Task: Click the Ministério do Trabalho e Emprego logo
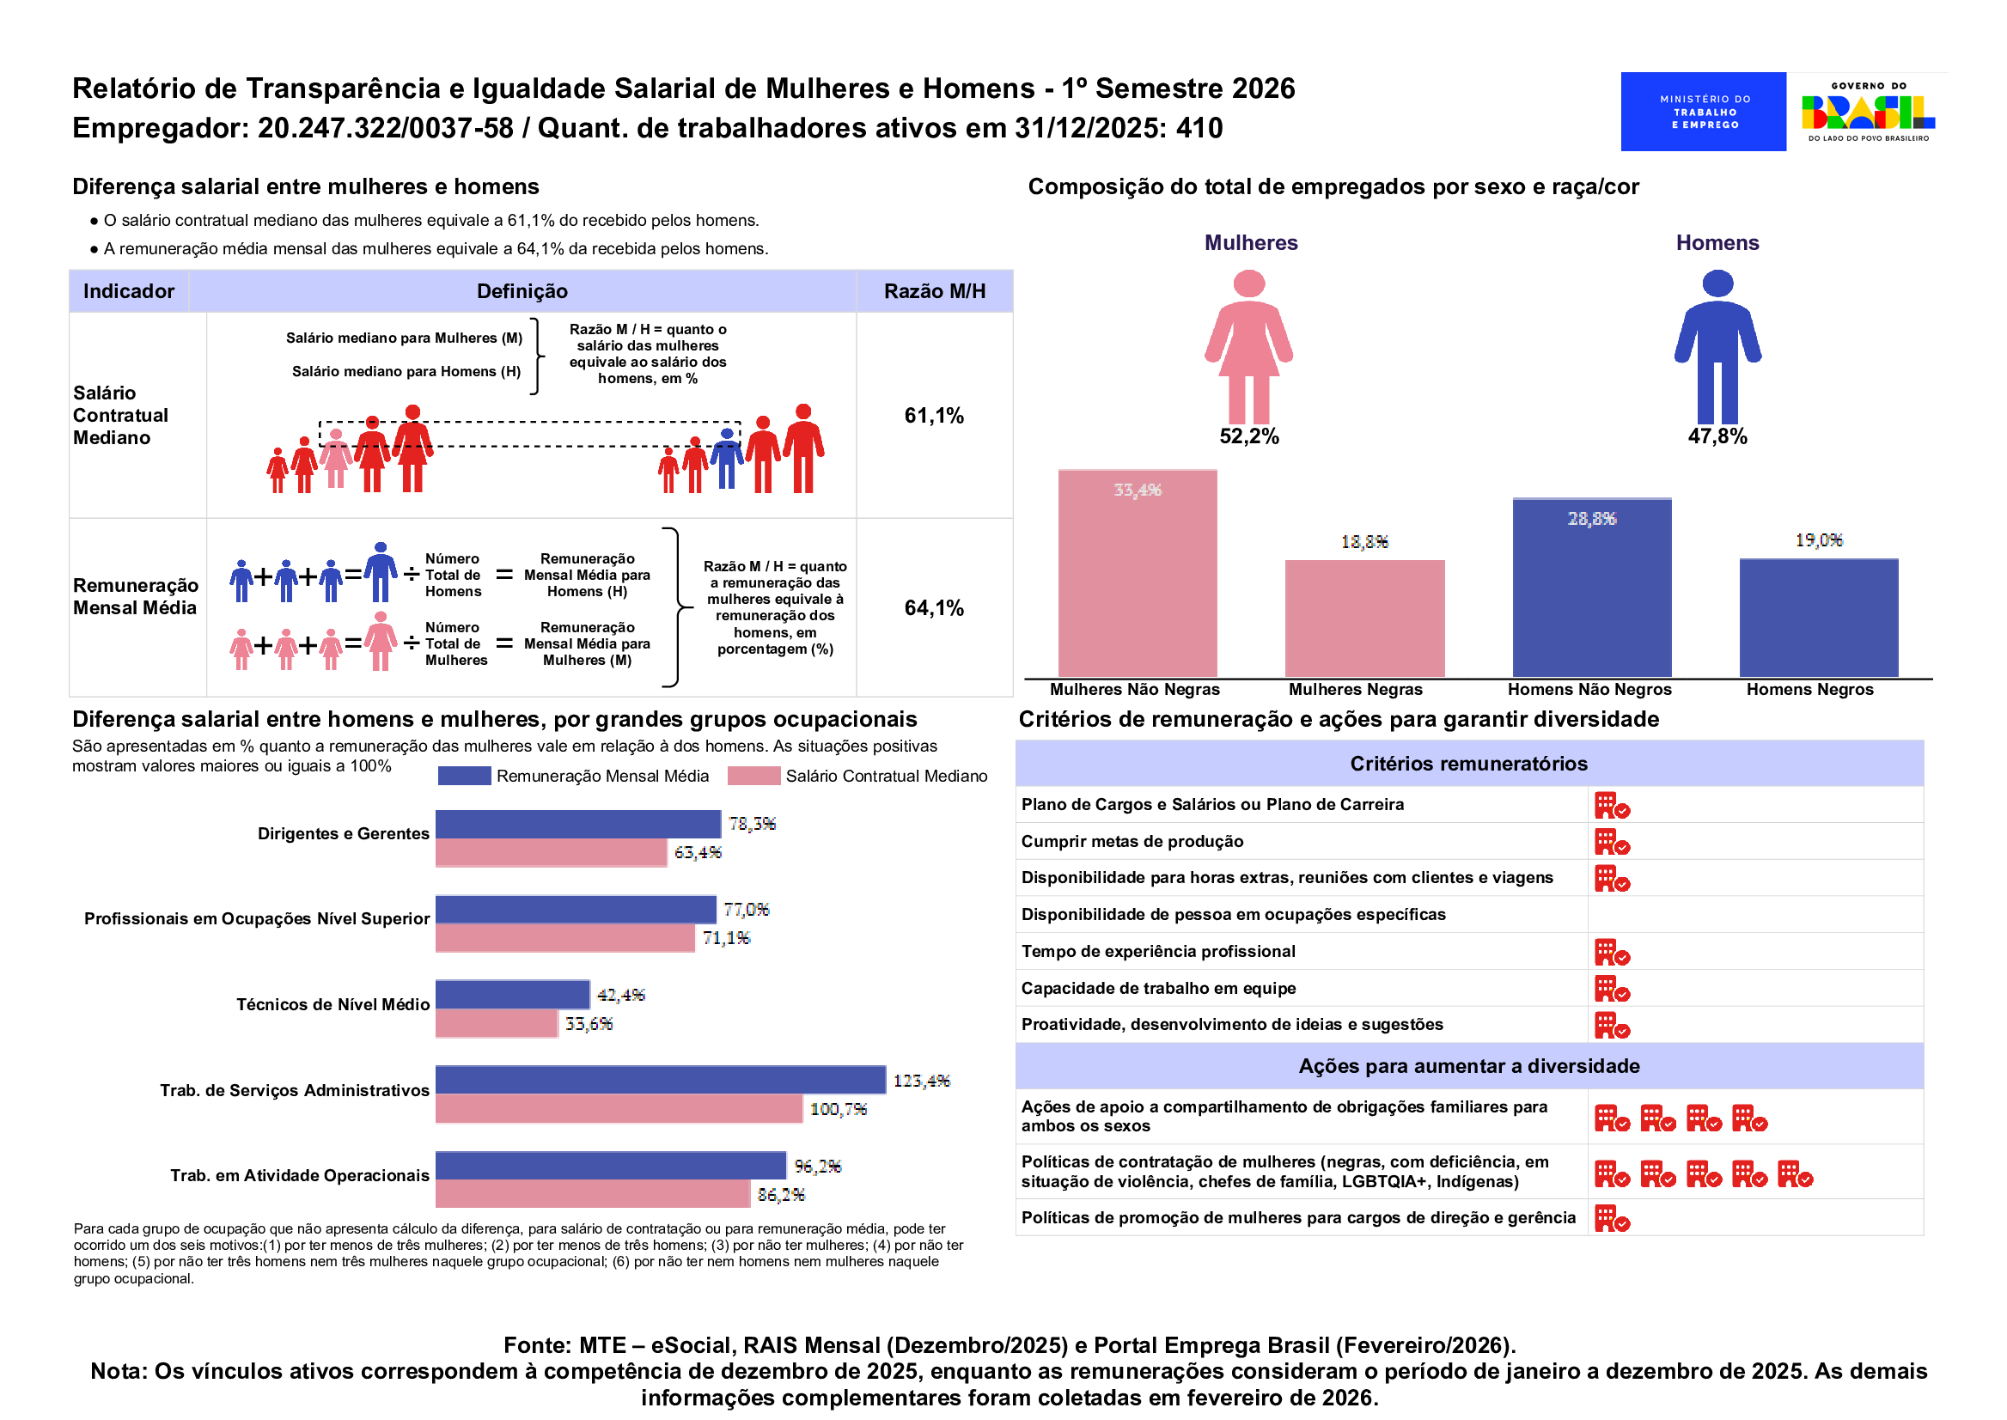(1703, 111)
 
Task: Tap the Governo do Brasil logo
(1868, 111)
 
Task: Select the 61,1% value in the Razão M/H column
(934, 415)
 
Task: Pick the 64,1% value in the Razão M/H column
(934, 607)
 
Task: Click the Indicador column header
(129, 291)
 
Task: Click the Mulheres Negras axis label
(1356, 689)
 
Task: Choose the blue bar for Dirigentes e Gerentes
(578, 824)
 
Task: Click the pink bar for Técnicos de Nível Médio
(496, 1023)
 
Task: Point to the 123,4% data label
(921, 1081)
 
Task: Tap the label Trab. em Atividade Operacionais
(299, 1175)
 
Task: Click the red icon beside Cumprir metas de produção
(1612, 842)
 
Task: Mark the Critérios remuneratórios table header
(1468, 764)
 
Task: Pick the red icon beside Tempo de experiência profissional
(1612, 952)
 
